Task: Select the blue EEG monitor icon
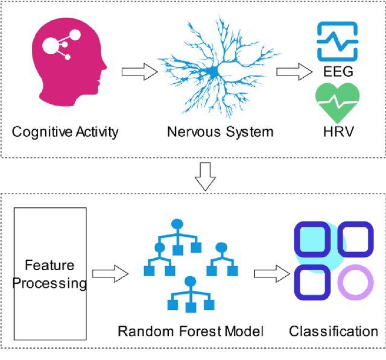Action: coord(337,40)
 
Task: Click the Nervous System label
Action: coord(220,131)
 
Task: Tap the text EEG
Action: coord(337,73)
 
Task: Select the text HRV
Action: coord(337,132)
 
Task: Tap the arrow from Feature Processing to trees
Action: coord(113,274)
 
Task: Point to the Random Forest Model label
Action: coord(191,330)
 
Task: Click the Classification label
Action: coord(333,330)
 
